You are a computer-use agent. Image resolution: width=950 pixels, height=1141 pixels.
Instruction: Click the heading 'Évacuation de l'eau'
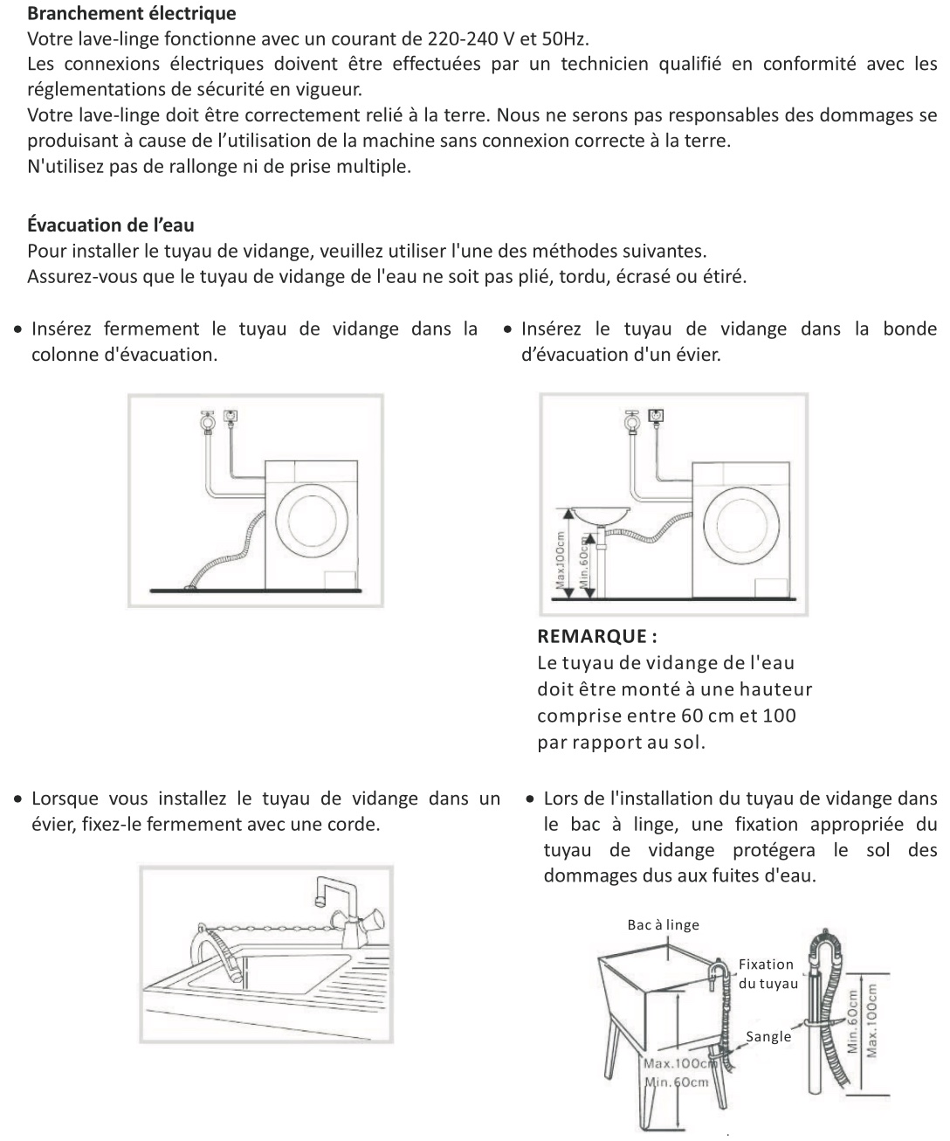point(111,225)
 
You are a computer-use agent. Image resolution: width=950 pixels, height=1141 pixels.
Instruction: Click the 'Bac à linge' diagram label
point(663,924)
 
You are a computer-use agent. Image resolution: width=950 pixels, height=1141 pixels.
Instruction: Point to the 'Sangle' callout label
point(768,1036)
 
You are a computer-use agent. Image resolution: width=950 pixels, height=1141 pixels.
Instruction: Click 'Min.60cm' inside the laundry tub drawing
point(676,1082)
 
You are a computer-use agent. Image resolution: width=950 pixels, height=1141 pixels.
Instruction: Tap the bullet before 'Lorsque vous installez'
point(18,799)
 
